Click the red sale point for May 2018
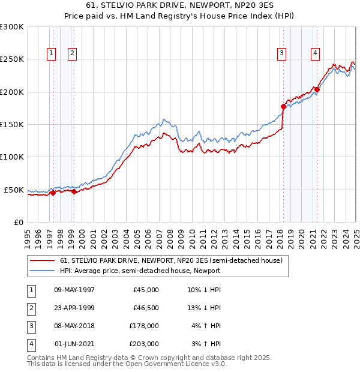click(283, 106)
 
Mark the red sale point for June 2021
click(317, 90)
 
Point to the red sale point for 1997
click(53, 193)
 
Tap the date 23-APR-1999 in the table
click(74, 308)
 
